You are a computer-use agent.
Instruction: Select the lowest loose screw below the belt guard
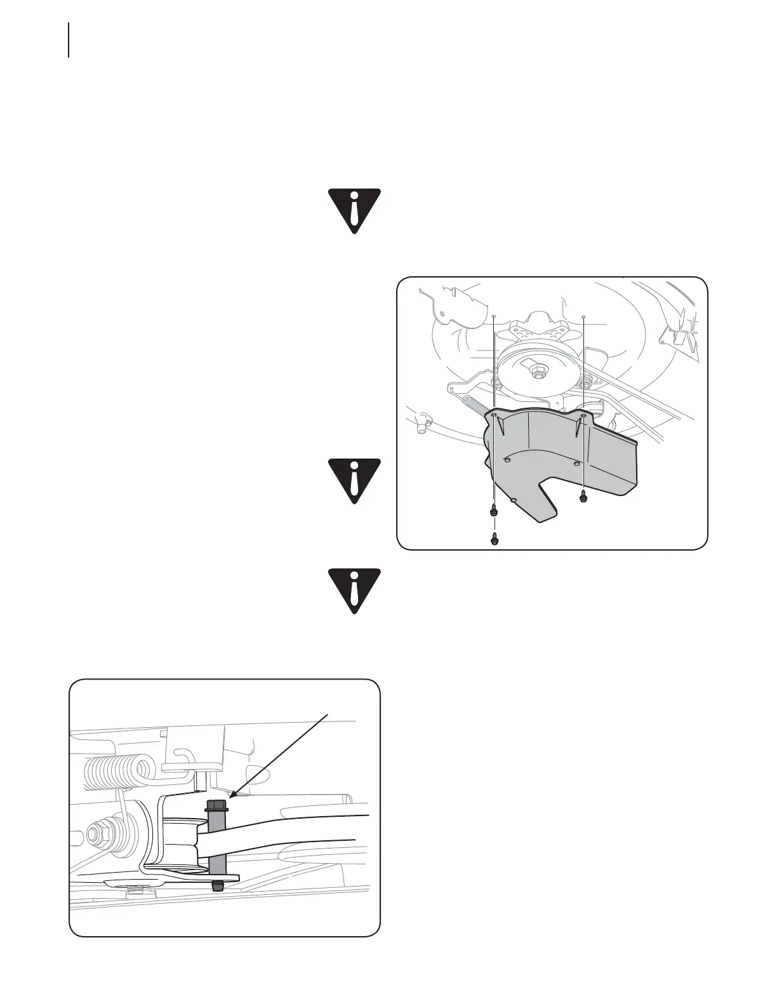pyautogui.click(x=495, y=539)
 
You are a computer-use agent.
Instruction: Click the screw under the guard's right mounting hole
pyautogui.click(x=584, y=498)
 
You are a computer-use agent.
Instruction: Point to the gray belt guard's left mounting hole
pyautogui.click(x=495, y=415)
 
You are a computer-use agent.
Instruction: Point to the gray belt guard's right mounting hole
pyautogui.click(x=583, y=415)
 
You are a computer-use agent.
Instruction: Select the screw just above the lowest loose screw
pyautogui.click(x=494, y=511)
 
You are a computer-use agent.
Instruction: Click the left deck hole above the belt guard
pyautogui.click(x=494, y=315)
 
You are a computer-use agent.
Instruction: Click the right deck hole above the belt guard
pyautogui.click(x=583, y=316)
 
